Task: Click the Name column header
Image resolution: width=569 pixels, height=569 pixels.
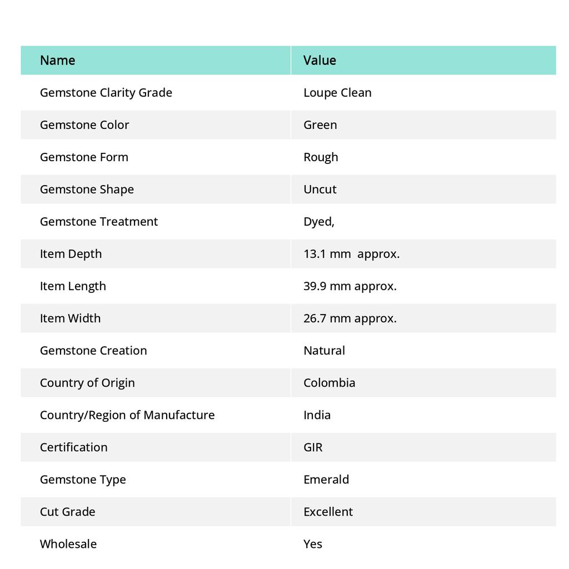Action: pyautogui.click(x=58, y=60)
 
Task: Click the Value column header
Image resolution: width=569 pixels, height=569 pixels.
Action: pyautogui.click(x=320, y=60)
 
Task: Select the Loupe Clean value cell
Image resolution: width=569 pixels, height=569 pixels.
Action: pyautogui.click(x=337, y=92)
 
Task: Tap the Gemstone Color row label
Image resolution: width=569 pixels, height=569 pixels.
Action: pyautogui.click(x=84, y=124)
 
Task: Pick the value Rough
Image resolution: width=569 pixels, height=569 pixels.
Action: pyautogui.click(x=321, y=157)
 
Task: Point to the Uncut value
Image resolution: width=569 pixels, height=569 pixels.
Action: pyautogui.click(x=320, y=189)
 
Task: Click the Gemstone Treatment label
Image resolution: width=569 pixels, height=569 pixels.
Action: pyautogui.click(x=99, y=221)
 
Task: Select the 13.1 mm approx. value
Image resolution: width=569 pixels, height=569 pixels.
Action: pyautogui.click(x=351, y=253)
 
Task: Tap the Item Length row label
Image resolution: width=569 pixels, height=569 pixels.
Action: pyautogui.click(x=73, y=286)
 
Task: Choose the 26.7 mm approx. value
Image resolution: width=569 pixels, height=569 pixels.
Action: pyautogui.click(x=350, y=318)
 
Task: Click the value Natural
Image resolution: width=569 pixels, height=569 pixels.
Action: pyautogui.click(x=324, y=350)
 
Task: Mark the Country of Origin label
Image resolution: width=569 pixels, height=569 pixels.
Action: pyautogui.click(x=87, y=382)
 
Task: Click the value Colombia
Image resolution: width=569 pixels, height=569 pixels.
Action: pyautogui.click(x=329, y=382)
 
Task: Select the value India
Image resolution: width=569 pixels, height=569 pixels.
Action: pyautogui.click(x=317, y=415)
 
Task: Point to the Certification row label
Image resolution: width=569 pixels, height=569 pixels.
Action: pyautogui.click(x=74, y=447)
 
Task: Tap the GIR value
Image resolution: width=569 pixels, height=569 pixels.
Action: pyautogui.click(x=313, y=447)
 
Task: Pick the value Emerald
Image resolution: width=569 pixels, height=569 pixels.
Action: pyautogui.click(x=326, y=479)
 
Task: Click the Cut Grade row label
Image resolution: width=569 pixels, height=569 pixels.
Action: pyautogui.click(x=68, y=511)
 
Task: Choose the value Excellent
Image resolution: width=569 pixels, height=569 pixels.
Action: pyautogui.click(x=328, y=511)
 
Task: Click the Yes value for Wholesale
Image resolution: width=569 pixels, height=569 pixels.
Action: pyautogui.click(x=313, y=543)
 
